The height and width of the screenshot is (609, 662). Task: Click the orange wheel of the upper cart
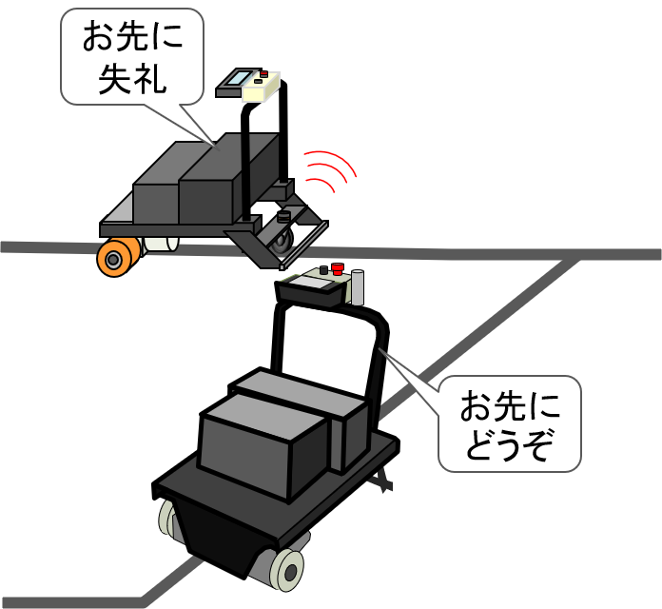tap(114, 258)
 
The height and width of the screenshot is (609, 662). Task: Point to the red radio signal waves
tap(329, 171)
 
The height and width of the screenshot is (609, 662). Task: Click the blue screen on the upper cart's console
tap(237, 78)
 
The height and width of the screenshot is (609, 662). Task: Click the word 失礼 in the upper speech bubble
tap(132, 77)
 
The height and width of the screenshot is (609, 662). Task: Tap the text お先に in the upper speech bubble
tap(132, 38)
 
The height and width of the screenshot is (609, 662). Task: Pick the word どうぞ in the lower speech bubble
tap(509, 443)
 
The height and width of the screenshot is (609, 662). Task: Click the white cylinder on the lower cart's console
tap(358, 287)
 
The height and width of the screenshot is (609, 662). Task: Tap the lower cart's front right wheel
tap(286, 568)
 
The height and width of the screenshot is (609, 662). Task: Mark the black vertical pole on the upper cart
tap(245, 171)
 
